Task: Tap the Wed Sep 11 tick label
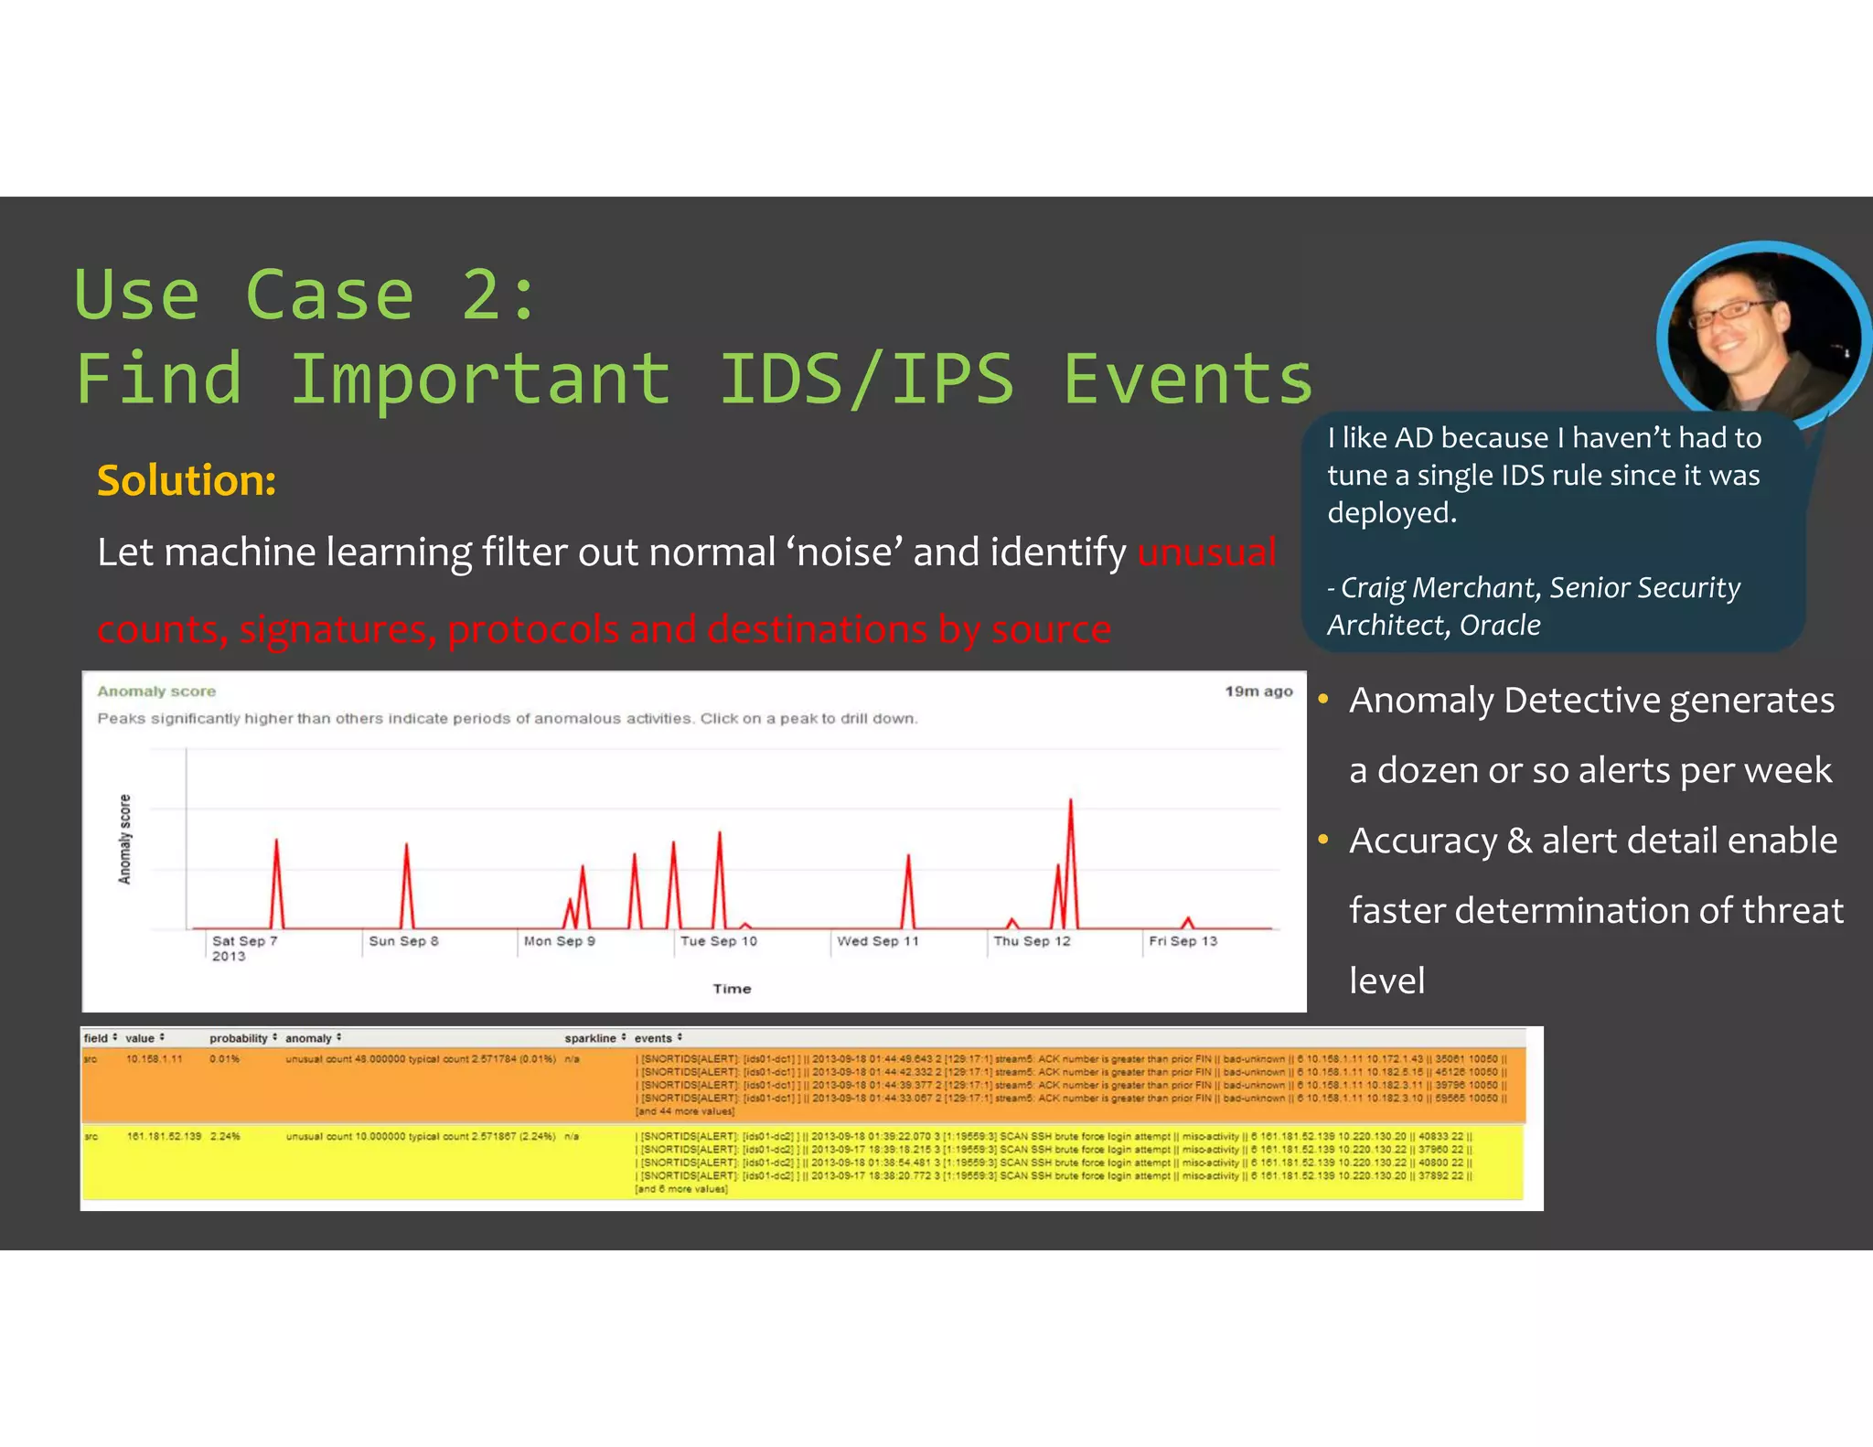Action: tap(877, 941)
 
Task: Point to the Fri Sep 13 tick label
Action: tap(1183, 941)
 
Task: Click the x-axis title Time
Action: tap(732, 989)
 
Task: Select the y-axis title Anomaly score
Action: tap(125, 839)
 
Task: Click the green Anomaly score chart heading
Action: tap(156, 691)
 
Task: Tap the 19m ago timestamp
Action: tap(1258, 691)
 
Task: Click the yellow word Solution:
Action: tap(187, 480)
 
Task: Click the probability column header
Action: tap(238, 1038)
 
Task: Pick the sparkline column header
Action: tap(590, 1038)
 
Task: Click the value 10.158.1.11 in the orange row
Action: tap(155, 1059)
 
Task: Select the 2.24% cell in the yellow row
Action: tap(225, 1137)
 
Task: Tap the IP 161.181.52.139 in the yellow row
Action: tap(164, 1137)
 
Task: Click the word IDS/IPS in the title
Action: tap(866, 379)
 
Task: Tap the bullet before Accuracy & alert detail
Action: tap(1322, 840)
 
